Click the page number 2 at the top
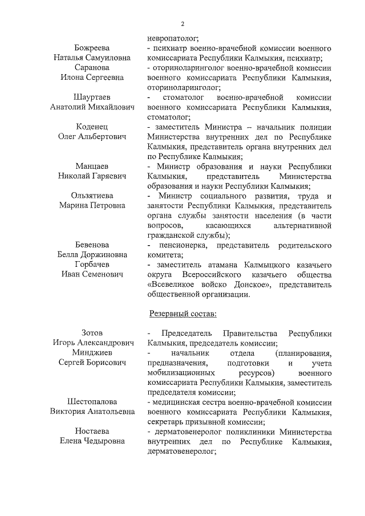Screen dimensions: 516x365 coord(182,23)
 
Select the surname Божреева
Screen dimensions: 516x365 coord(92,48)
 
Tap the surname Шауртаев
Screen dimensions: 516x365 coord(92,97)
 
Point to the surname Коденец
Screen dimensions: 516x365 coord(92,127)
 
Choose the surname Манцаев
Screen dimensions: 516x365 coord(92,166)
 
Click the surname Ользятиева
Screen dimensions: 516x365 coord(92,196)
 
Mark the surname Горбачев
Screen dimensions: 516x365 coord(92,265)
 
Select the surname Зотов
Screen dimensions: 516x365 coord(92,333)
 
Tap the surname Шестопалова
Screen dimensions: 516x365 coord(92,401)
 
